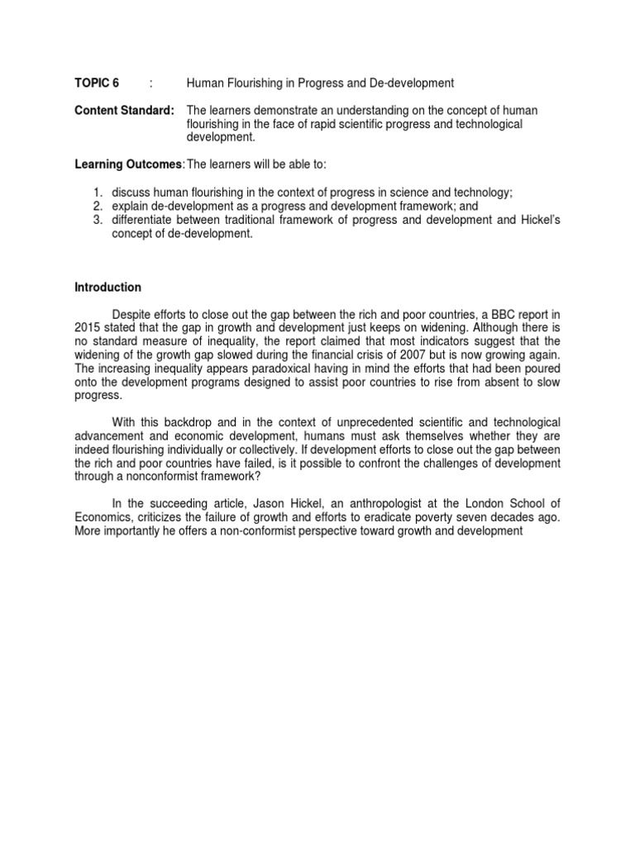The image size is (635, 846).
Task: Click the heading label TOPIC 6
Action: click(97, 83)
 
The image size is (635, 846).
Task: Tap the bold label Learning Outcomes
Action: click(130, 164)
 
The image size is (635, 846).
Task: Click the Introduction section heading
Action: click(108, 288)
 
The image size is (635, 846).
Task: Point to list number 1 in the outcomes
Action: click(97, 192)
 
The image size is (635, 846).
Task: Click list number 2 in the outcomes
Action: click(97, 205)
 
